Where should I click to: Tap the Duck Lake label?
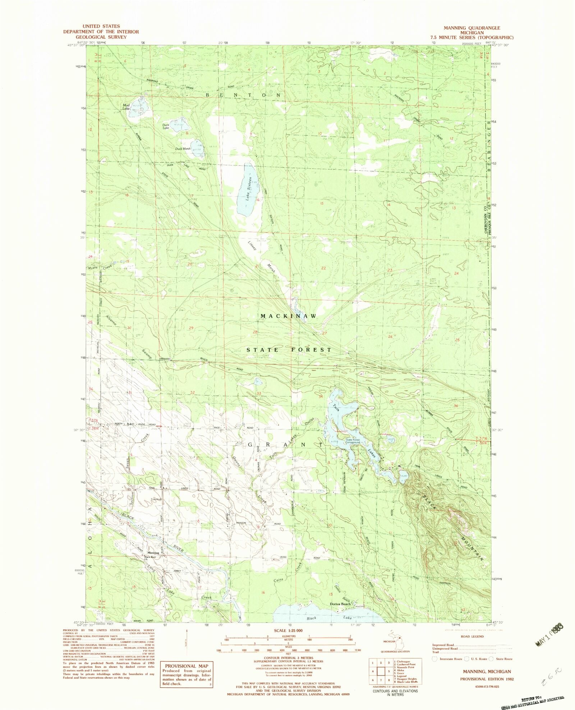click(166, 126)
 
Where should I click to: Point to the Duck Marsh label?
click(183, 149)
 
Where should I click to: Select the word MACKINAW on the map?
click(289, 316)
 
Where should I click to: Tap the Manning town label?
click(153, 552)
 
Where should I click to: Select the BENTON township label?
click(243, 95)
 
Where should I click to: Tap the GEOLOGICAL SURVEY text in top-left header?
click(101, 37)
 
